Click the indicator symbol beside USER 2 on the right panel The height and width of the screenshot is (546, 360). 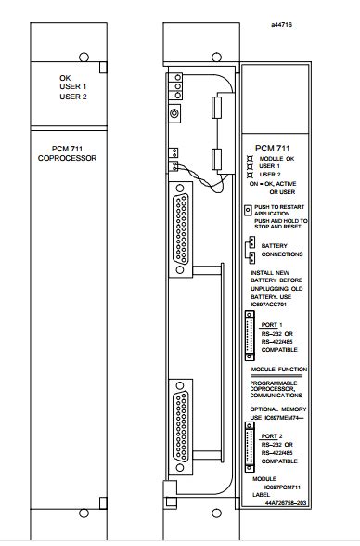(x=251, y=174)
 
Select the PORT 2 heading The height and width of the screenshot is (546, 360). (x=274, y=435)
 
